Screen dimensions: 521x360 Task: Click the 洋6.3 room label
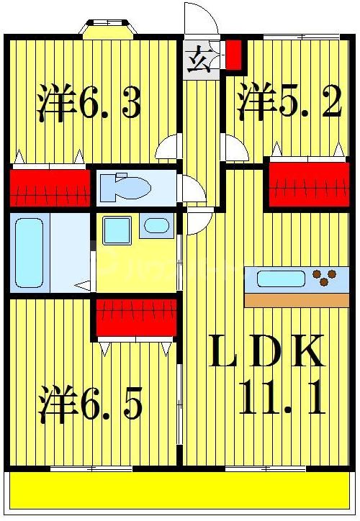89,104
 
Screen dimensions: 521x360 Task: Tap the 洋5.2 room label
289,104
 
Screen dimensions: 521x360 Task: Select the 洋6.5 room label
91,404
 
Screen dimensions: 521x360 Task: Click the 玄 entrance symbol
196,60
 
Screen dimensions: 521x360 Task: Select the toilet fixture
125,189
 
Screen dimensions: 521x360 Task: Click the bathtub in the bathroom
30,252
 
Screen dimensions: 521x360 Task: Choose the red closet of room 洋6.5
136,317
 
